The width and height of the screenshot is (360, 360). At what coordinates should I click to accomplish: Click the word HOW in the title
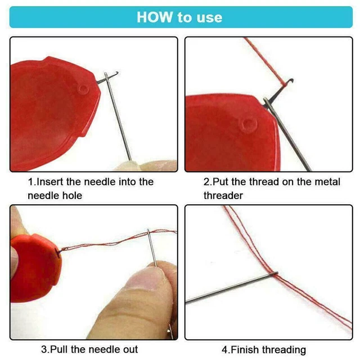154,17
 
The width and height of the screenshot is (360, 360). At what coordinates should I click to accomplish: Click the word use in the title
209,17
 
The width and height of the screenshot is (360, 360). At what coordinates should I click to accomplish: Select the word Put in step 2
219,182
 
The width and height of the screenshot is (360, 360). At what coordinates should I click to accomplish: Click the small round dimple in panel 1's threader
83,89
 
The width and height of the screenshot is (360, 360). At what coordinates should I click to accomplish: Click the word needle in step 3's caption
92,349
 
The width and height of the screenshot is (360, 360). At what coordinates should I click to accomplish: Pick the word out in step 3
127,349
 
